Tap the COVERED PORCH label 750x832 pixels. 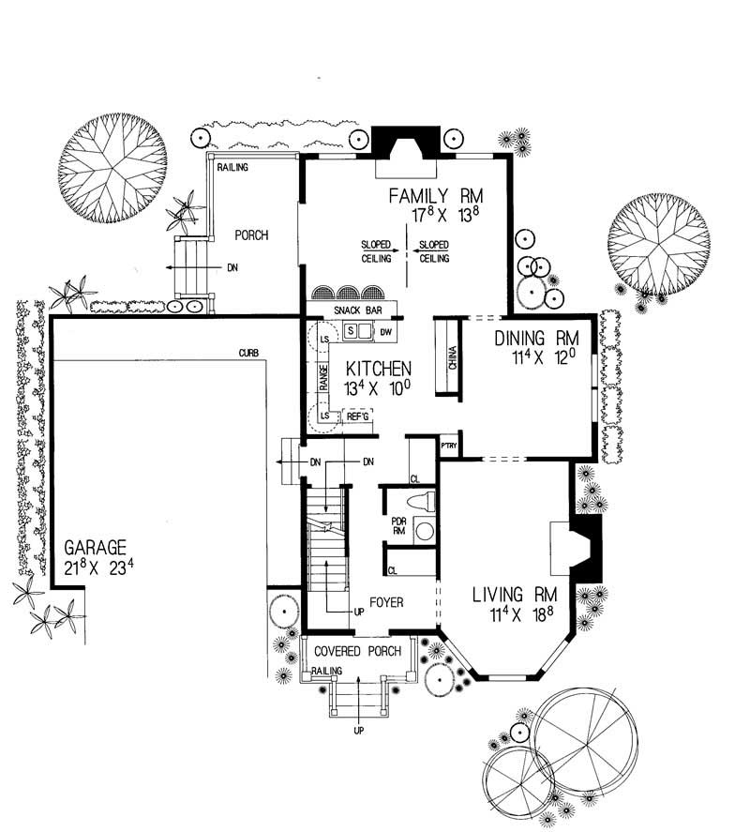357,651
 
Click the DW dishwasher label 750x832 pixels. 384,330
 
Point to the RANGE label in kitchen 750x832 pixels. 322,379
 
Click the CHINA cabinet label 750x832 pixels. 451,358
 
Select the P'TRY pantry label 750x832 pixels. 449,446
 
